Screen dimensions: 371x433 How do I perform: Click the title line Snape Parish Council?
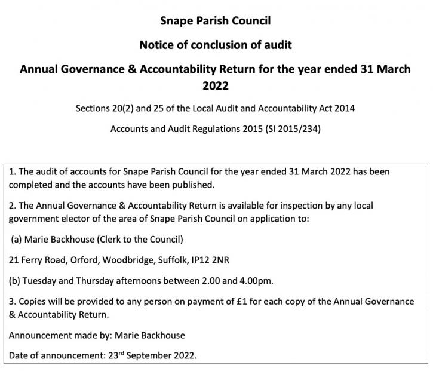(x=216, y=21)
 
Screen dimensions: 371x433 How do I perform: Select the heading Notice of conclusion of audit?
(x=216, y=45)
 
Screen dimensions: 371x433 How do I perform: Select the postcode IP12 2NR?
(x=219, y=260)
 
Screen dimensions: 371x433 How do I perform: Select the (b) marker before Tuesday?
(x=16, y=280)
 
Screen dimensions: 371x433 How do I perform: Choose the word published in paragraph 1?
(x=185, y=184)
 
